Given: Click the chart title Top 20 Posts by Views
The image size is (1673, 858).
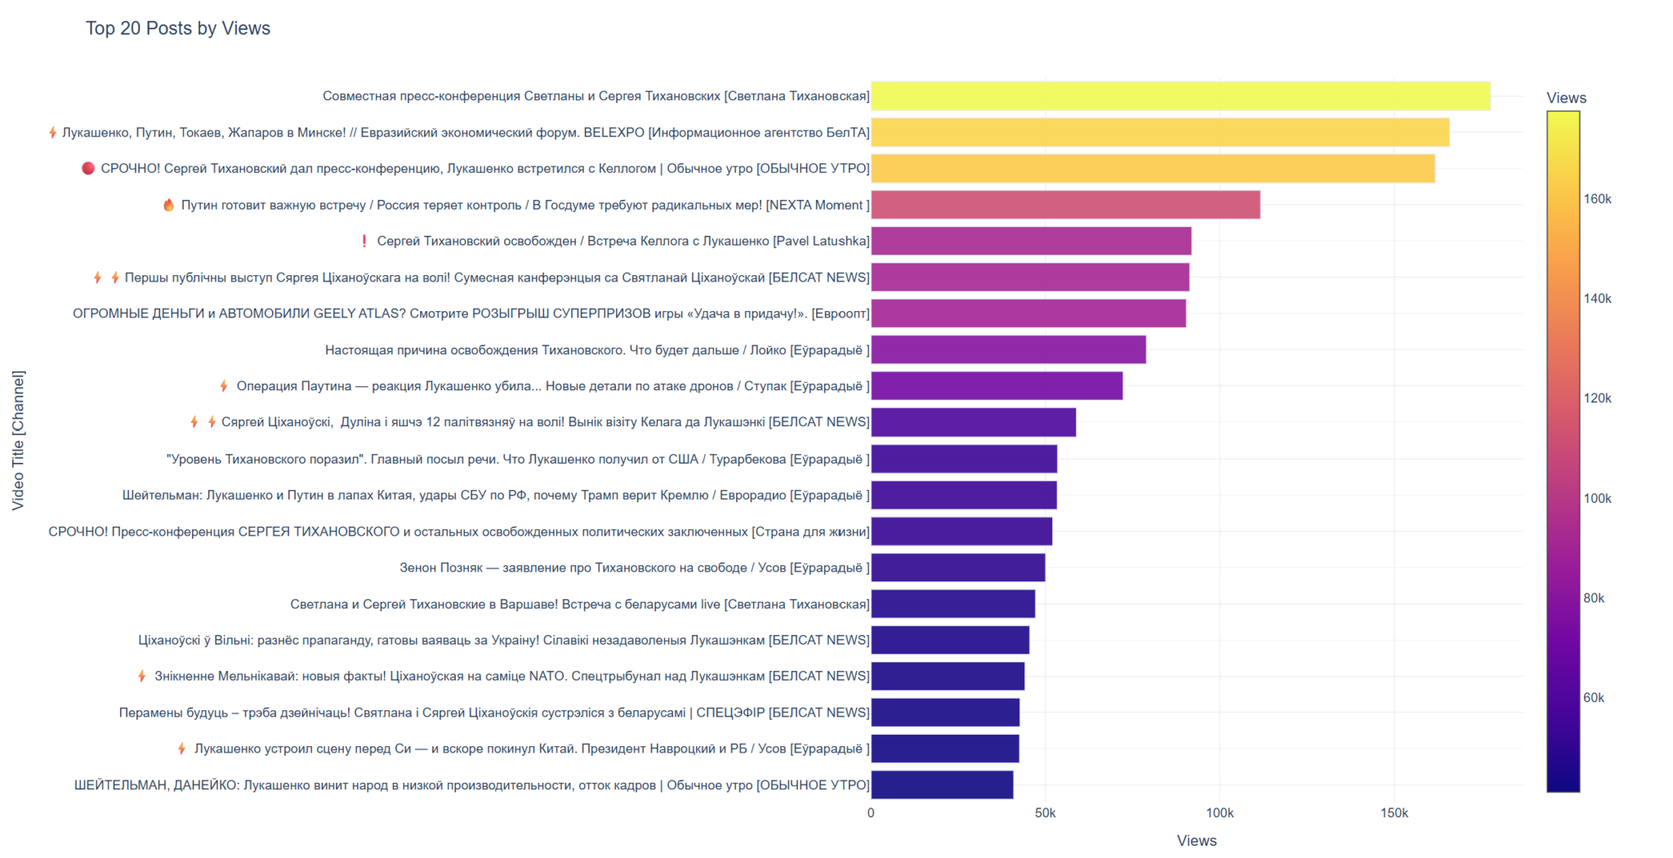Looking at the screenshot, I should pyautogui.click(x=177, y=29).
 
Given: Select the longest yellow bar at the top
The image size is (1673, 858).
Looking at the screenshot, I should pyautogui.click(x=1180, y=96).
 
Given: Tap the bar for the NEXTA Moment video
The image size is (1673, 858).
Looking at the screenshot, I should pyautogui.click(x=1064, y=205).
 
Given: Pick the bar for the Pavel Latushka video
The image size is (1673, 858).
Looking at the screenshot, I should pyautogui.click(x=1030, y=241).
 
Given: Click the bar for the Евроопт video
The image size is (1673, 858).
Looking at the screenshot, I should pyautogui.click(x=1028, y=313).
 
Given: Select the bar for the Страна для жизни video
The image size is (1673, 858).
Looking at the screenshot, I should pyautogui.click(x=961, y=531).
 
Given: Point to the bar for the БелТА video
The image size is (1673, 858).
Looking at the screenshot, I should pyautogui.click(x=1159, y=132).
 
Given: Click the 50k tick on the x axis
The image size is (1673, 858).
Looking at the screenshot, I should pyautogui.click(x=1045, y=813).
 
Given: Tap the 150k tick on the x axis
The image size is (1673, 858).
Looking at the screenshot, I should pyautogui.click(x=1394, y=813).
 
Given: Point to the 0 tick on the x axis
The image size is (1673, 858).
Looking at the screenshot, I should pyautogui.click(x=871, y=813).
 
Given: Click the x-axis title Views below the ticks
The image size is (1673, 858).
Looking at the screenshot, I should pyautogui.click(x=1196, y=841).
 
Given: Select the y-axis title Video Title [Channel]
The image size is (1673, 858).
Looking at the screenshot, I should pyautogui.click(x=18, y=441).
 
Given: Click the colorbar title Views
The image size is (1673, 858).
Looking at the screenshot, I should pyautogui.click(x=1566, y=98).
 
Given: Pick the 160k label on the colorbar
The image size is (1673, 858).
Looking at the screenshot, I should pyautogui.click(x=1597, y=199).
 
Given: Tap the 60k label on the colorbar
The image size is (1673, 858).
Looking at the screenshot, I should pyautogui.click(x=1594, y=698).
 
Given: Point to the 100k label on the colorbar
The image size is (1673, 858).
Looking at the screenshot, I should pyautogui.click(x=1597, y=499).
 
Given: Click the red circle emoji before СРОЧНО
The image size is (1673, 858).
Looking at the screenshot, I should pyautogui.click(x=88, y=168).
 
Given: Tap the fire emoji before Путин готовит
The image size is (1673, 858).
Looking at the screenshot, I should pyautogui.click(x=168, y=205).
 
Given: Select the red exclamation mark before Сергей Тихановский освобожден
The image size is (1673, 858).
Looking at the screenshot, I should pyautogui.click(x=364, y=241).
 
